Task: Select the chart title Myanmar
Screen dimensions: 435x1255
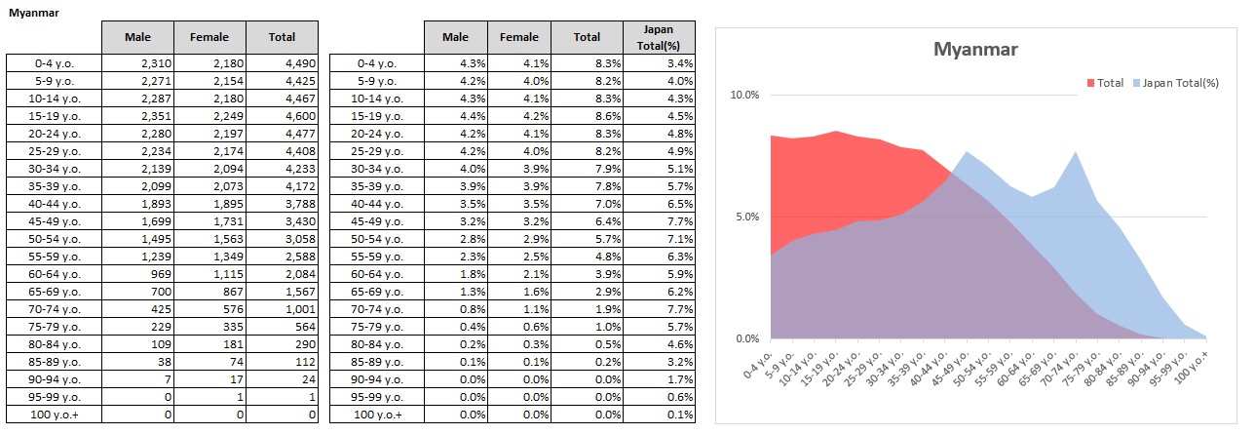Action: (975, 49)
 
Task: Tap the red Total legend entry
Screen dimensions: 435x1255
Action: (1105, 83)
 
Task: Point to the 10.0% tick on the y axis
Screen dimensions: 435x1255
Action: (743, 95)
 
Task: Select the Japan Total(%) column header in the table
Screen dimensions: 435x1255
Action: (660, 37)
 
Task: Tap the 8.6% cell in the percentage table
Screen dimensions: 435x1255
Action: (588, 115)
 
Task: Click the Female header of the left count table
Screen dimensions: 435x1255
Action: (209, 37)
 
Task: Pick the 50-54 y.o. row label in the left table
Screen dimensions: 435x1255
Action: (55, 238)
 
